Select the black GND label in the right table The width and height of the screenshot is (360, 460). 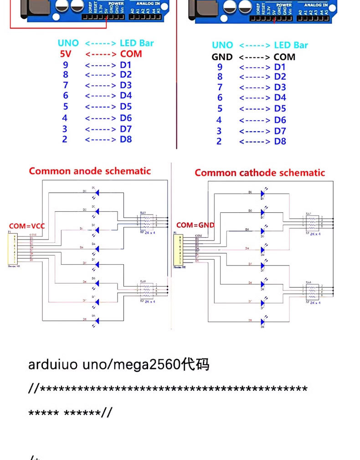click(x=222, y=57)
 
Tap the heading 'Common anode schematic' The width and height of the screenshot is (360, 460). click(x=90, y=171)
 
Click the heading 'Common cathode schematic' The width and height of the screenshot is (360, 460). click(x=260, y=173)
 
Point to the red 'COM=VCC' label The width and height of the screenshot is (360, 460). click(x=27, y=226)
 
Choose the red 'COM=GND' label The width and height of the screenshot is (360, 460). click(x=195, y=225)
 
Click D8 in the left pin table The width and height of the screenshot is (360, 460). click(x=126, y=139)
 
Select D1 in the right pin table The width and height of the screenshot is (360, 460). click(x=280, y=67)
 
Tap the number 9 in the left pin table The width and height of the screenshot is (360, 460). click(x=66, y=65)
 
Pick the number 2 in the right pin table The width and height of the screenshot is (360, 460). click(x=219, y=141)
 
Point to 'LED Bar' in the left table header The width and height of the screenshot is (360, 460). click(x=137, y=43)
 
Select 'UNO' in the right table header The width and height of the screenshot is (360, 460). click(x=222, y=45)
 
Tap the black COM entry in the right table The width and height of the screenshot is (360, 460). click(x=284, y=57)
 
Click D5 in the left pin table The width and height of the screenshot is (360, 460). click(x=126, y=107)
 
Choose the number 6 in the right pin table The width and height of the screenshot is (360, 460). click(x=220, y=97)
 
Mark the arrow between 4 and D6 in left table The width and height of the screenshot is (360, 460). click(x=100, y=118)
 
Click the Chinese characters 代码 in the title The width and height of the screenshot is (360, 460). click(x=195, y=364)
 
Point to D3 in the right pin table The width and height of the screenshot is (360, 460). click(x=280, y=87)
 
